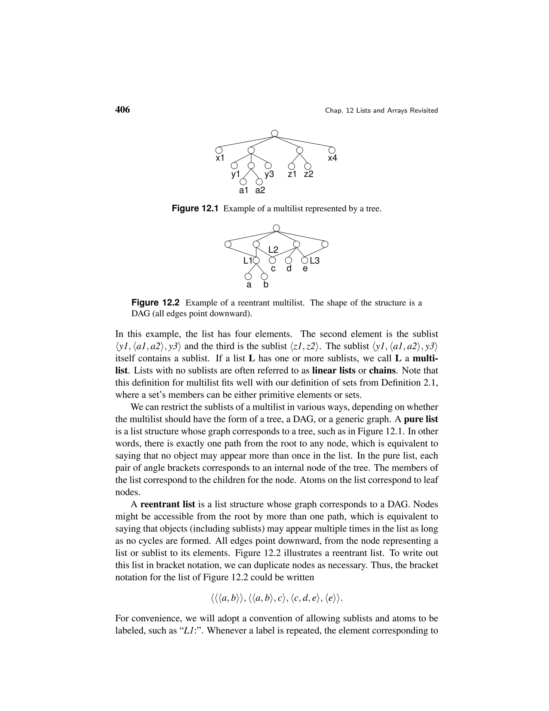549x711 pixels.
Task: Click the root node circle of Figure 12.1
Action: click(x=274, y=133)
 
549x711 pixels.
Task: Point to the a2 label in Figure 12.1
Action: click(x=260, y=190)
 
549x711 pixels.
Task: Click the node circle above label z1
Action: click(x=292, y=166)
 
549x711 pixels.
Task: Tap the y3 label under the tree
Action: click(x=269, y=174)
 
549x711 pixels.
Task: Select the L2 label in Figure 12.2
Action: click(x=273, y=250)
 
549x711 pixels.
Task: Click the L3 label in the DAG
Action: click(x=314, y=261)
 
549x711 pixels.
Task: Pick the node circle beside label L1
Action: click(x=256, y=261)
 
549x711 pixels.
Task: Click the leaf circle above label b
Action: click(x=264, y=276)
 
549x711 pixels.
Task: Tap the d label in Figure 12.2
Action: click(x=288, y=269)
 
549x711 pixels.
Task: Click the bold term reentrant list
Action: click(x=168, y=504)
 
